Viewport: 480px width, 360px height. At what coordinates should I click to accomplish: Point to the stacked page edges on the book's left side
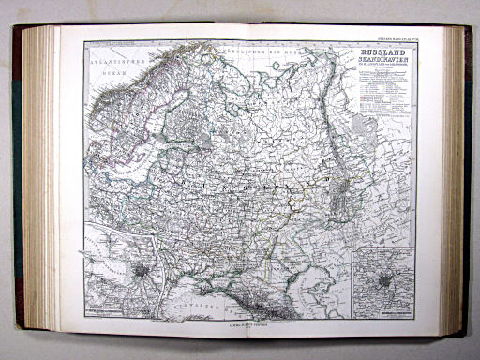[37, 178]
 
